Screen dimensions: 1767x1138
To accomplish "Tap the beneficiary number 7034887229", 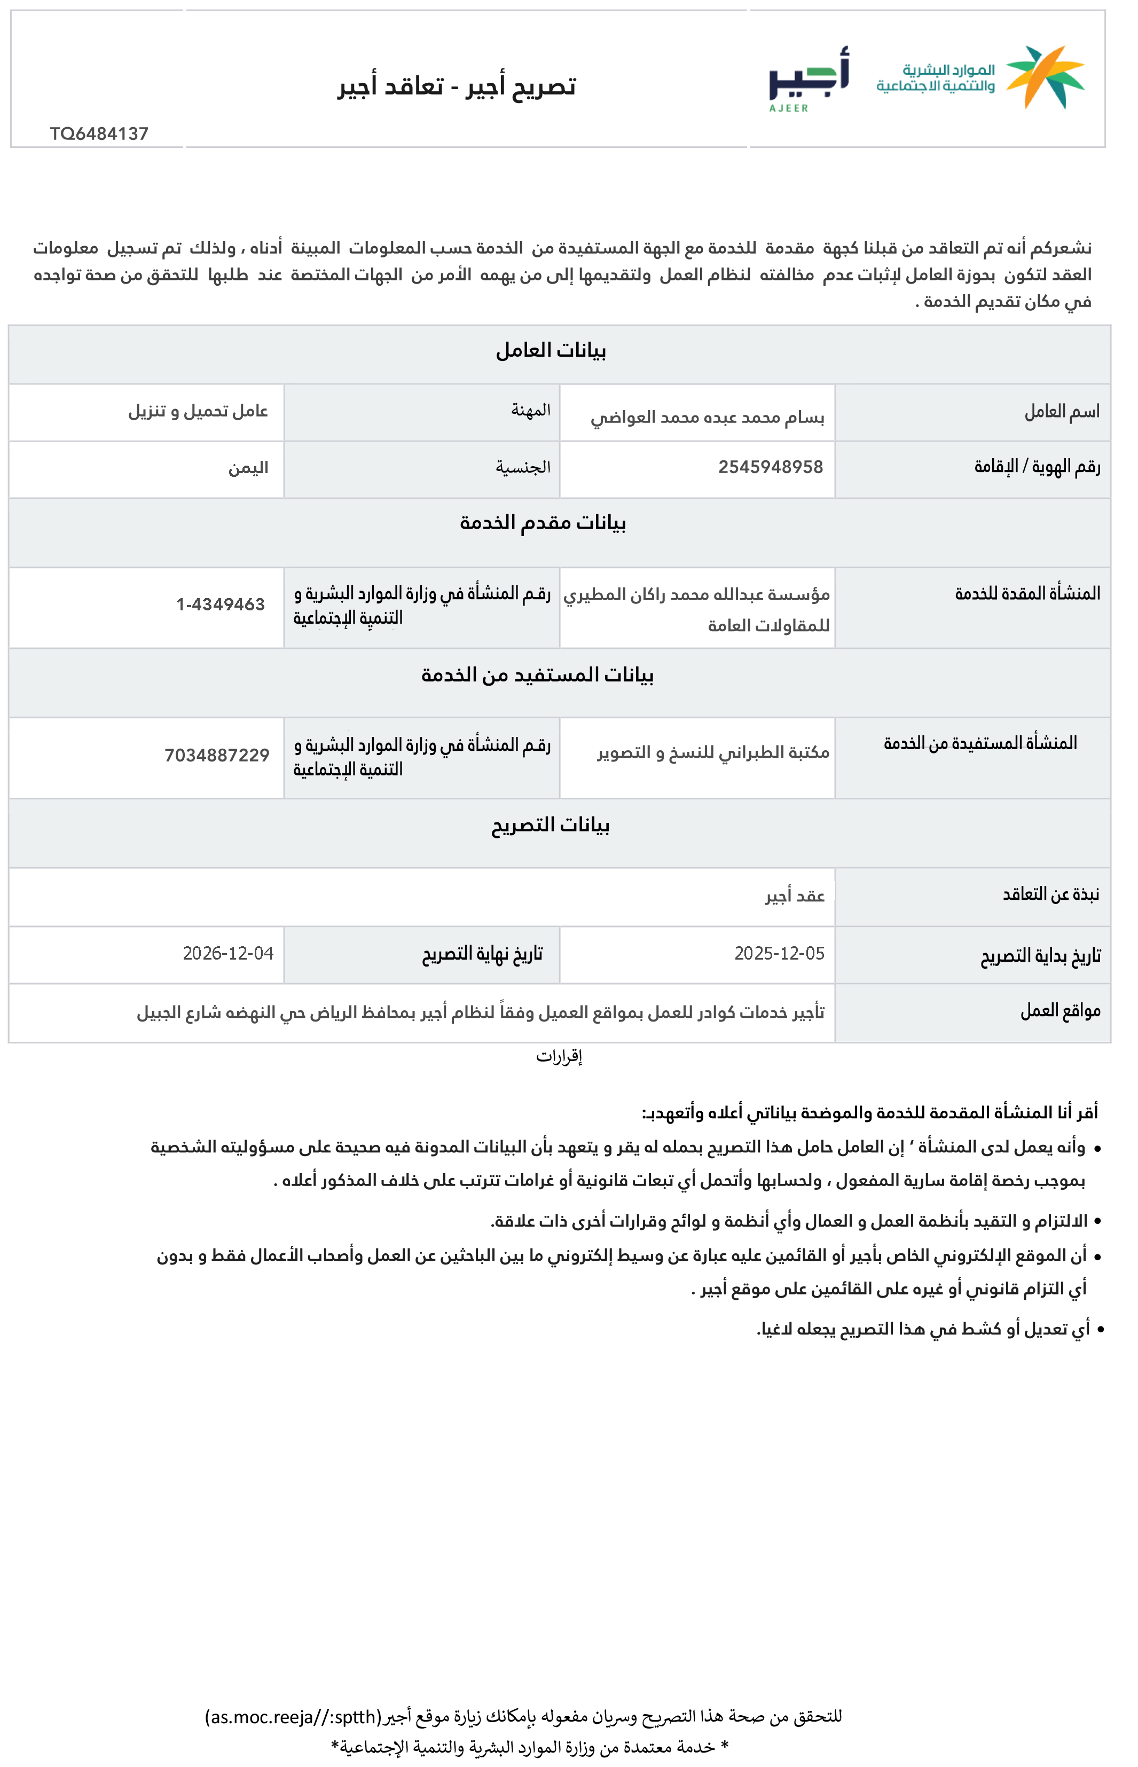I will (x=216, y=755).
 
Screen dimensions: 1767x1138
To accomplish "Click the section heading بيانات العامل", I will (x=551, y=350).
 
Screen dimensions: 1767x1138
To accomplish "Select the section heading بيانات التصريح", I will (x=551, y=824).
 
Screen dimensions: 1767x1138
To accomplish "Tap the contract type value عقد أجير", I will (x=795, y=896).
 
